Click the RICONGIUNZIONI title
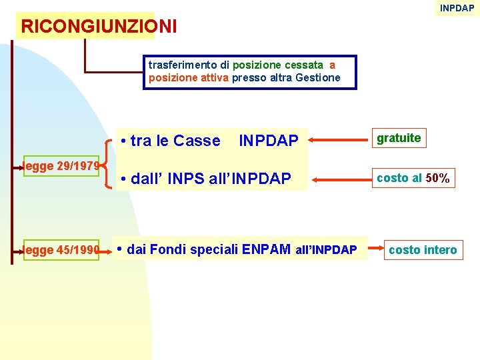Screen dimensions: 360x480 99,27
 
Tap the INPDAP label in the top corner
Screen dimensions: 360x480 457,8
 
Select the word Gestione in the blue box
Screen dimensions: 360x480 319,77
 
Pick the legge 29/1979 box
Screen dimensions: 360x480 61,165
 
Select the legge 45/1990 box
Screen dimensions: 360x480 61,250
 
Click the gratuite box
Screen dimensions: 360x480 399,138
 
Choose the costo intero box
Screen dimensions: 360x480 423,250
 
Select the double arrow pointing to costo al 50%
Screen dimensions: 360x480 339,179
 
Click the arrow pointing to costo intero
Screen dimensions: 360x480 375,250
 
